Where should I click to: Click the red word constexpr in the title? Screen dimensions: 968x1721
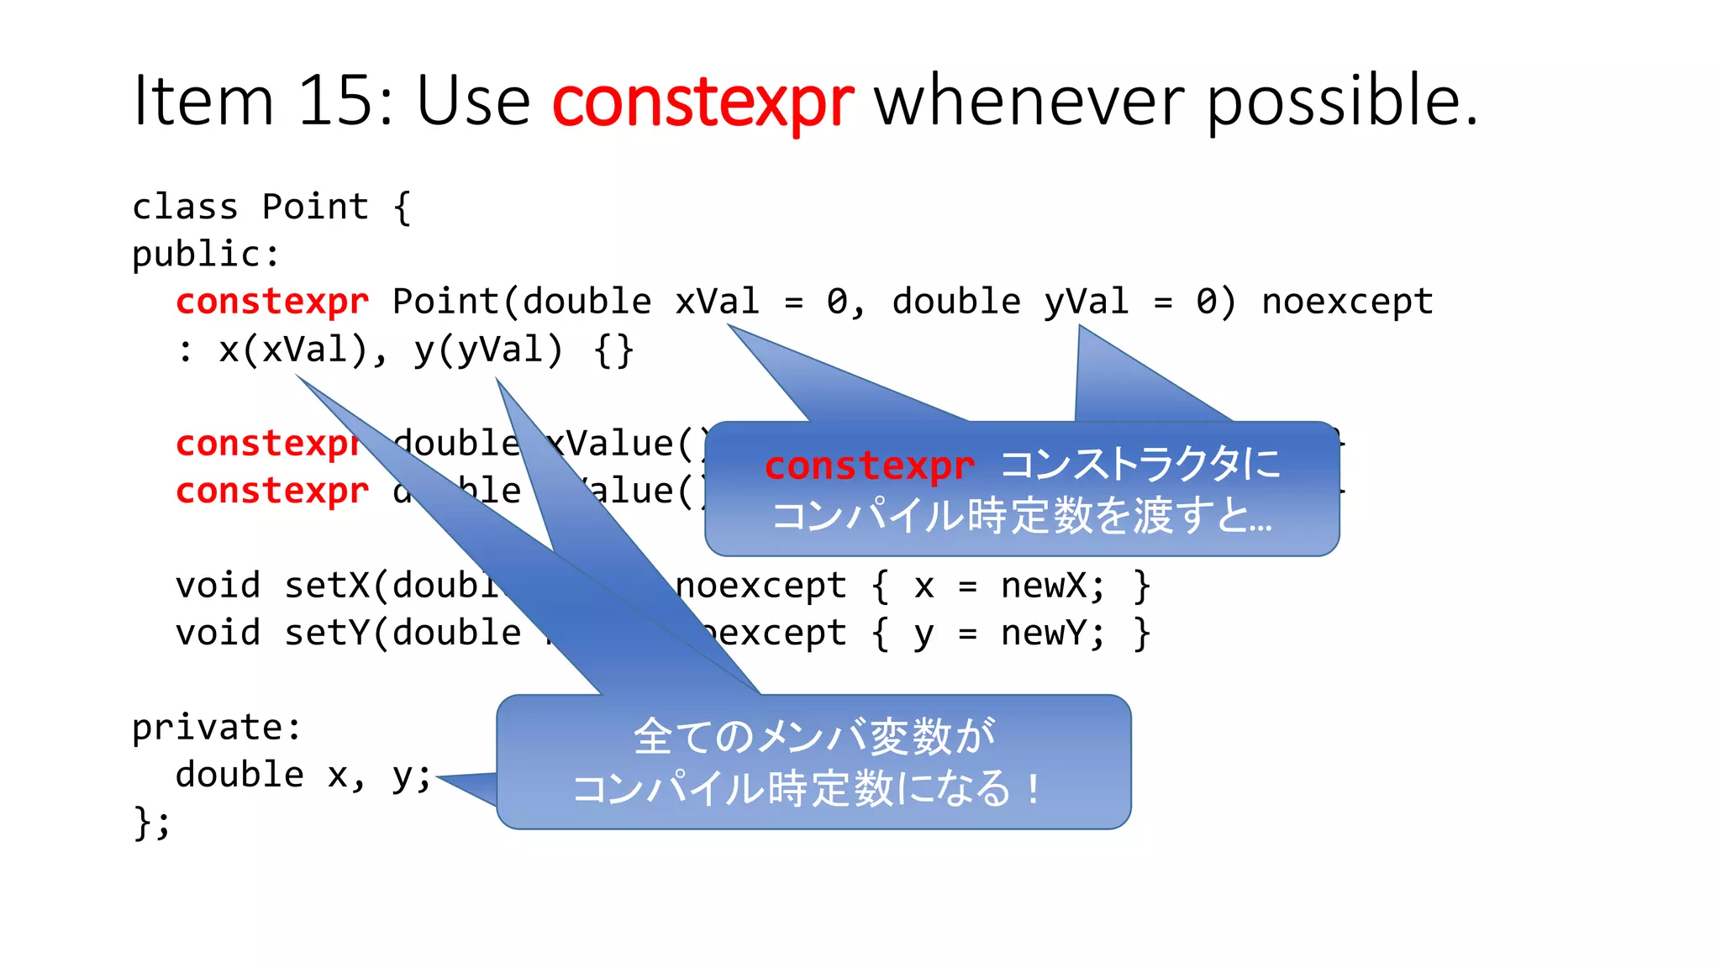[703, 103]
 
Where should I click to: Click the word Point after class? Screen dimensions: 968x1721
[315, 207]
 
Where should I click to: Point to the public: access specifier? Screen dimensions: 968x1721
[206, 254]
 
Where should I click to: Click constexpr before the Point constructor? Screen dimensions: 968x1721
[272, 302]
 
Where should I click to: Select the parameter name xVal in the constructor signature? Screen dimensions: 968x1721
[718, 302]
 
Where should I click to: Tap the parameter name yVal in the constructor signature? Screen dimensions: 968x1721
[1086, 302]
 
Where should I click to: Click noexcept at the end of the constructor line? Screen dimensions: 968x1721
[1347, 302]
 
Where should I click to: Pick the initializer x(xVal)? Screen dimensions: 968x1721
[293, 350]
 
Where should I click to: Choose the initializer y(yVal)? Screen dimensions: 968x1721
[488, 350]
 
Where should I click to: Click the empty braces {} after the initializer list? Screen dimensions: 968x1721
[613, 350]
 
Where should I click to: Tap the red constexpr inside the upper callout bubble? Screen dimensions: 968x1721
[869, 466]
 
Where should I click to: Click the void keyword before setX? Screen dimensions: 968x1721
[218, 586]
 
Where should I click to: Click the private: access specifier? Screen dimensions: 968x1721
[217, 728]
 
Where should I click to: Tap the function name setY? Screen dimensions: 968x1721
[328, 633]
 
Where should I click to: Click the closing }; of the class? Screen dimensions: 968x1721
[151, 823]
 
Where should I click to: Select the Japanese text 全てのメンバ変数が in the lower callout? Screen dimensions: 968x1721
[813, 737]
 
